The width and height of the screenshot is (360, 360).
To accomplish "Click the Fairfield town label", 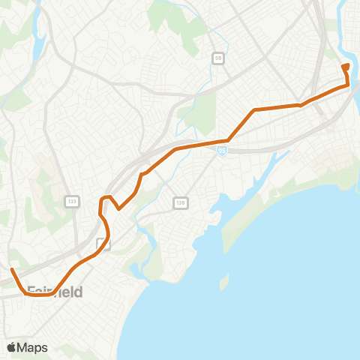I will (x=54, y=291).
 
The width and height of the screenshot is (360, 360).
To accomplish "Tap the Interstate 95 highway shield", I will (x=222, y=151).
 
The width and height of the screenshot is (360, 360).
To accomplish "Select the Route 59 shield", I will (x=218, y=57).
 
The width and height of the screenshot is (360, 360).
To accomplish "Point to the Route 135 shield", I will (x=72, y=201).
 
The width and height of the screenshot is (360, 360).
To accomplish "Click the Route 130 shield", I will (x=180, y=202).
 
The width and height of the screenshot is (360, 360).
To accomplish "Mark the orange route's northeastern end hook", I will (x=345, y=67).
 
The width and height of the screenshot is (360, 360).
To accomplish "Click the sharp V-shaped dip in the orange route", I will (x=120, y=209).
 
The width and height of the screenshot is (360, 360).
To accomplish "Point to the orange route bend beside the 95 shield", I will (x=226, y=139).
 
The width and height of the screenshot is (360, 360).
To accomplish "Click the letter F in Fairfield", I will (x=31, y=291).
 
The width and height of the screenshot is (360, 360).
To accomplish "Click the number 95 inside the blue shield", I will (x=222, y=151).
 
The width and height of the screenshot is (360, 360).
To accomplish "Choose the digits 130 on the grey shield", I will (x=180, y=202).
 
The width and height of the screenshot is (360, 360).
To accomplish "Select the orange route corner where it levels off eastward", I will (x=255, y=110).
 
